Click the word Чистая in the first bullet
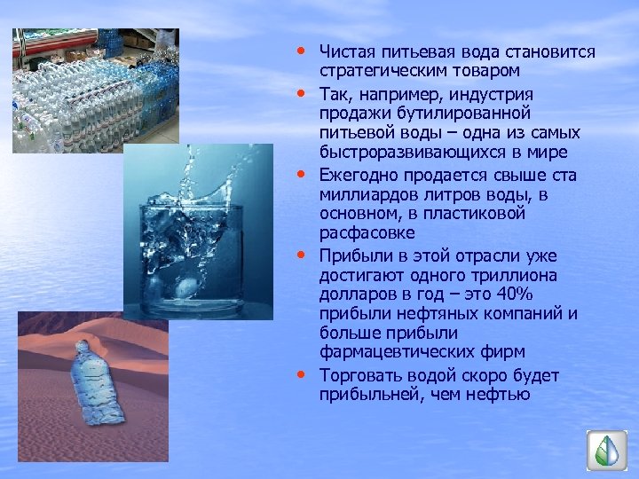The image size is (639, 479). tap(349, 52)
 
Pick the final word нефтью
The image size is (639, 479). tap(503, 394)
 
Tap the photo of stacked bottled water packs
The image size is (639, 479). tap(94, 89)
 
